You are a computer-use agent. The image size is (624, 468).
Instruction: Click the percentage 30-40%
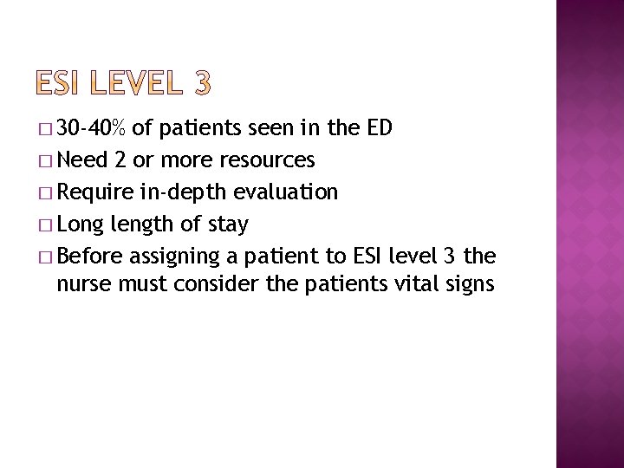(95, 129)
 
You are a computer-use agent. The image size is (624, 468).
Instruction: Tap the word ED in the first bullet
(380, 129)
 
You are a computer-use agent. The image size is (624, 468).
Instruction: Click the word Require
(100, 192)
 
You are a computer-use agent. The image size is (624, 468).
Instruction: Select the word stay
(229, 224)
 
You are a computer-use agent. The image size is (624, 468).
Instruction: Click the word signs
(468, 283)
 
